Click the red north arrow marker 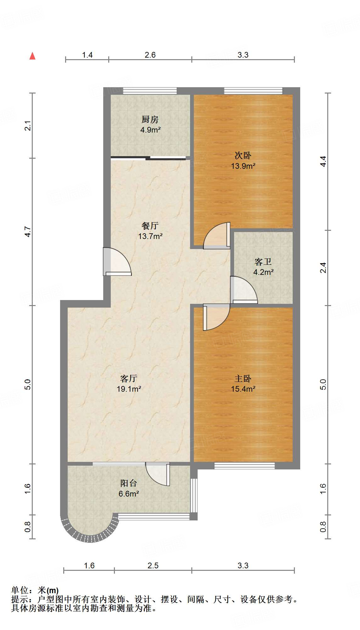(x=32, y=56)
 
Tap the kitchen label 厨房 (x=150, y=120)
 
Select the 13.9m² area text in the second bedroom (x=243, y=166)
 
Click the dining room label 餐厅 (x=150, y=226)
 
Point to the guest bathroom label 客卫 (x=263, y=262)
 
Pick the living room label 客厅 (x=129, y=378)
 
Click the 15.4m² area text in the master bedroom (x=243, y=389)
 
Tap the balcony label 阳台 (x=129, y=483)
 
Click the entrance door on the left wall (x=117, y=262)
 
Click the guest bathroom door (x=244, y=290)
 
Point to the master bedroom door (x=217, y=317)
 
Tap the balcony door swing (x=158, y=474)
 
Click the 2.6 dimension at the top (x=150, y=55)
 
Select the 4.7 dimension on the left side (x=28, y=232)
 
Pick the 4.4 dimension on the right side (x=323, y=162)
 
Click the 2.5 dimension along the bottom (x=153, y=565)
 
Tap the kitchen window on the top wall (x=150, y=91)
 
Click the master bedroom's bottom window (x=245, y=466)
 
